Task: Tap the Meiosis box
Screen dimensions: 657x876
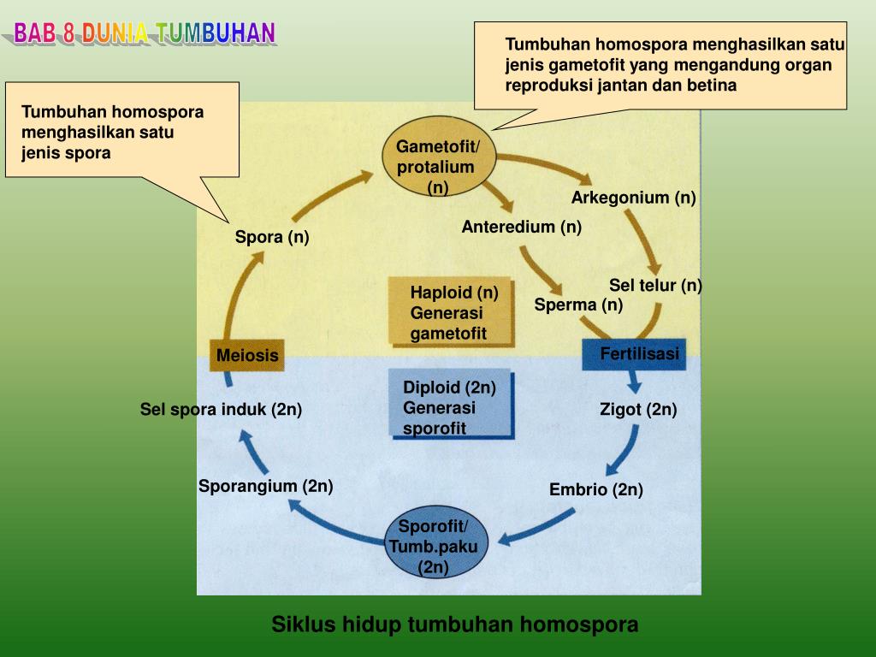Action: pyautogui.click(x=246, y=355)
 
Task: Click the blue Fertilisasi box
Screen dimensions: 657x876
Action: pyautogui.click(x=634, y=354)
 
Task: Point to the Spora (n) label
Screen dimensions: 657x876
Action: pyautogui.click(x=272, y=237)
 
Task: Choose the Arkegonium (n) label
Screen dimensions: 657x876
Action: pyautogui.click(x=634, y=198)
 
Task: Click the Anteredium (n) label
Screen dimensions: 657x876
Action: pyautogui.click(x=521, y=227)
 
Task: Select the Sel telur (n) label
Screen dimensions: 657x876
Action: pyautogui.click(x=655, y=286)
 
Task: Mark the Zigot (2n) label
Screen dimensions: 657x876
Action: pyautogui.click(x=638, y=410)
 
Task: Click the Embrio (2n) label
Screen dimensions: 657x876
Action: pyautogui.click(x=595, y=490)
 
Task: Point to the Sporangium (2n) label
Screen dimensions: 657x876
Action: pyautogui.click(x=265, y=487)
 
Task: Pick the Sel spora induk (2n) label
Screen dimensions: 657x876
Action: pyautogui.click(x=221, y=410)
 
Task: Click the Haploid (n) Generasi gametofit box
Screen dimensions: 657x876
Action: pyautogui.click(x=451, y=312)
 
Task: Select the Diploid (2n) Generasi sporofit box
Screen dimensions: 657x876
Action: pyautogui.click(x=451, y=406)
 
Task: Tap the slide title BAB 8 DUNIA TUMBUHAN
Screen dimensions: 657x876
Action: pyautogui.click(x=145, y=33)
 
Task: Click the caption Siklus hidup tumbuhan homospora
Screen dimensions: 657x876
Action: pyautogui.click(x=455, y=624)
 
